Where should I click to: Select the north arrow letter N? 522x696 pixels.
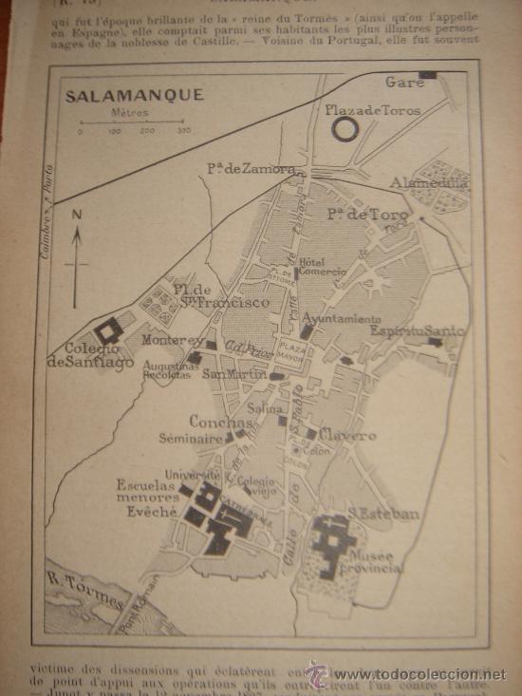76,214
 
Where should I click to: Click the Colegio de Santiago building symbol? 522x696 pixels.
109,330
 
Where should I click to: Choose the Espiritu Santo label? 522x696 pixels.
417,331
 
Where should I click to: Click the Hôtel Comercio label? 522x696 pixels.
311,267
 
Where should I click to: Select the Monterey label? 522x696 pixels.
172,340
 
